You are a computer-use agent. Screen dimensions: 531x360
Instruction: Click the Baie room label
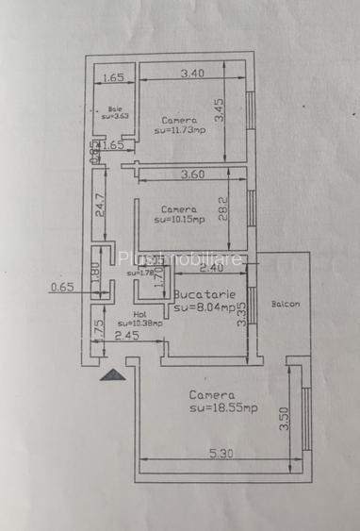(114, 108)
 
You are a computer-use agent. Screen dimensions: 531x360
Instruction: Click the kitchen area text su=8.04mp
(204, 307)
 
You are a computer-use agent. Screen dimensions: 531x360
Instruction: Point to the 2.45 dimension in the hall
(126, 336)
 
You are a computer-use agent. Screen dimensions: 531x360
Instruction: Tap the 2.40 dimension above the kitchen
(213, 268)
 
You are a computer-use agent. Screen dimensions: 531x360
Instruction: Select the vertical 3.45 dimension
(219, 112)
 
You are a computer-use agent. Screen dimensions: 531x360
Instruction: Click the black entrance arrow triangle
(112, 374)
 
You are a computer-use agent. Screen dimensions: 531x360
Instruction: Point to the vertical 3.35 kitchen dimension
(242, 313)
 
